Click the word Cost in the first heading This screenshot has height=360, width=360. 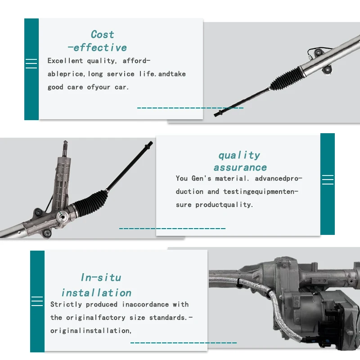coord(102,35)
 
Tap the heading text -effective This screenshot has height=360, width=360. coord(97,48)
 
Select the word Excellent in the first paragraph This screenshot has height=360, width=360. coord(65,61)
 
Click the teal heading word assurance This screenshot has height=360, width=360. coord(240,167)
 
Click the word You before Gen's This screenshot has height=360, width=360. coord(182,178)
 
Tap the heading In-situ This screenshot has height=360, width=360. coord(101,278)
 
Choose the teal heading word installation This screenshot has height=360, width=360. coord(96,293)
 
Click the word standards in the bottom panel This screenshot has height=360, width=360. coord(166,318)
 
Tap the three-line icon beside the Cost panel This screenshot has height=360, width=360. coord(31,64)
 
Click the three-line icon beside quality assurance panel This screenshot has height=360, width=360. coord(328,180)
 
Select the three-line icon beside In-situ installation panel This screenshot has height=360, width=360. coord(37,301)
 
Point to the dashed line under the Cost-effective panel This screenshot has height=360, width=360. coord(190,108)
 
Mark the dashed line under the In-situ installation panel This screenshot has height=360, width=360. coord(183,343)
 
